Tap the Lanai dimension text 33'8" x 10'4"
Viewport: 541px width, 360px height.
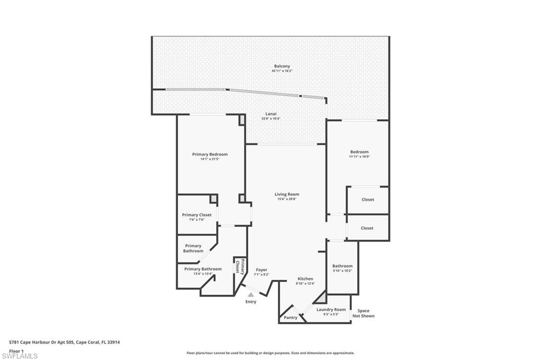coord(270,119)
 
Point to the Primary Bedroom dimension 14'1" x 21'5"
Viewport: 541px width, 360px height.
coord(210,159)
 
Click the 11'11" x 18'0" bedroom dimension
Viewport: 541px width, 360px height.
coord(359,156)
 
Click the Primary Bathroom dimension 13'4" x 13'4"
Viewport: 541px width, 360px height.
coord(203,273)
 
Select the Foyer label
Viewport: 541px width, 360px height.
coord(262,270)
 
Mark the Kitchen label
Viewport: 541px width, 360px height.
coord(305,279)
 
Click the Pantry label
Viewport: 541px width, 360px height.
coord(291,318)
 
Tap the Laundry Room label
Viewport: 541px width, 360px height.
coord(331,309)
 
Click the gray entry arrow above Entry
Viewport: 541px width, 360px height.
coord(250,295)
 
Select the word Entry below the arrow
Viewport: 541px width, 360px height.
coord(250,302)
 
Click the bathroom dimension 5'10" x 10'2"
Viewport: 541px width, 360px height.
coord(342,271)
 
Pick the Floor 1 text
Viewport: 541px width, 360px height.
coord(17,350)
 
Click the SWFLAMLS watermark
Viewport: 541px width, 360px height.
coord(20,356)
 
